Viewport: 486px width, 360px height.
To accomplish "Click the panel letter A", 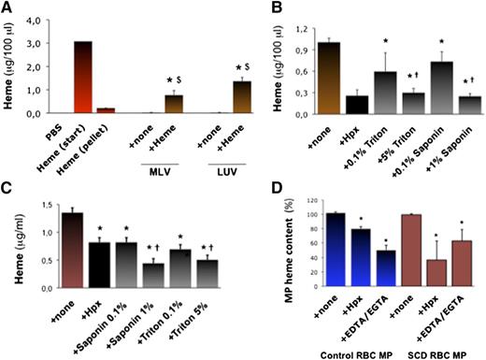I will click(x=8, y=9).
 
